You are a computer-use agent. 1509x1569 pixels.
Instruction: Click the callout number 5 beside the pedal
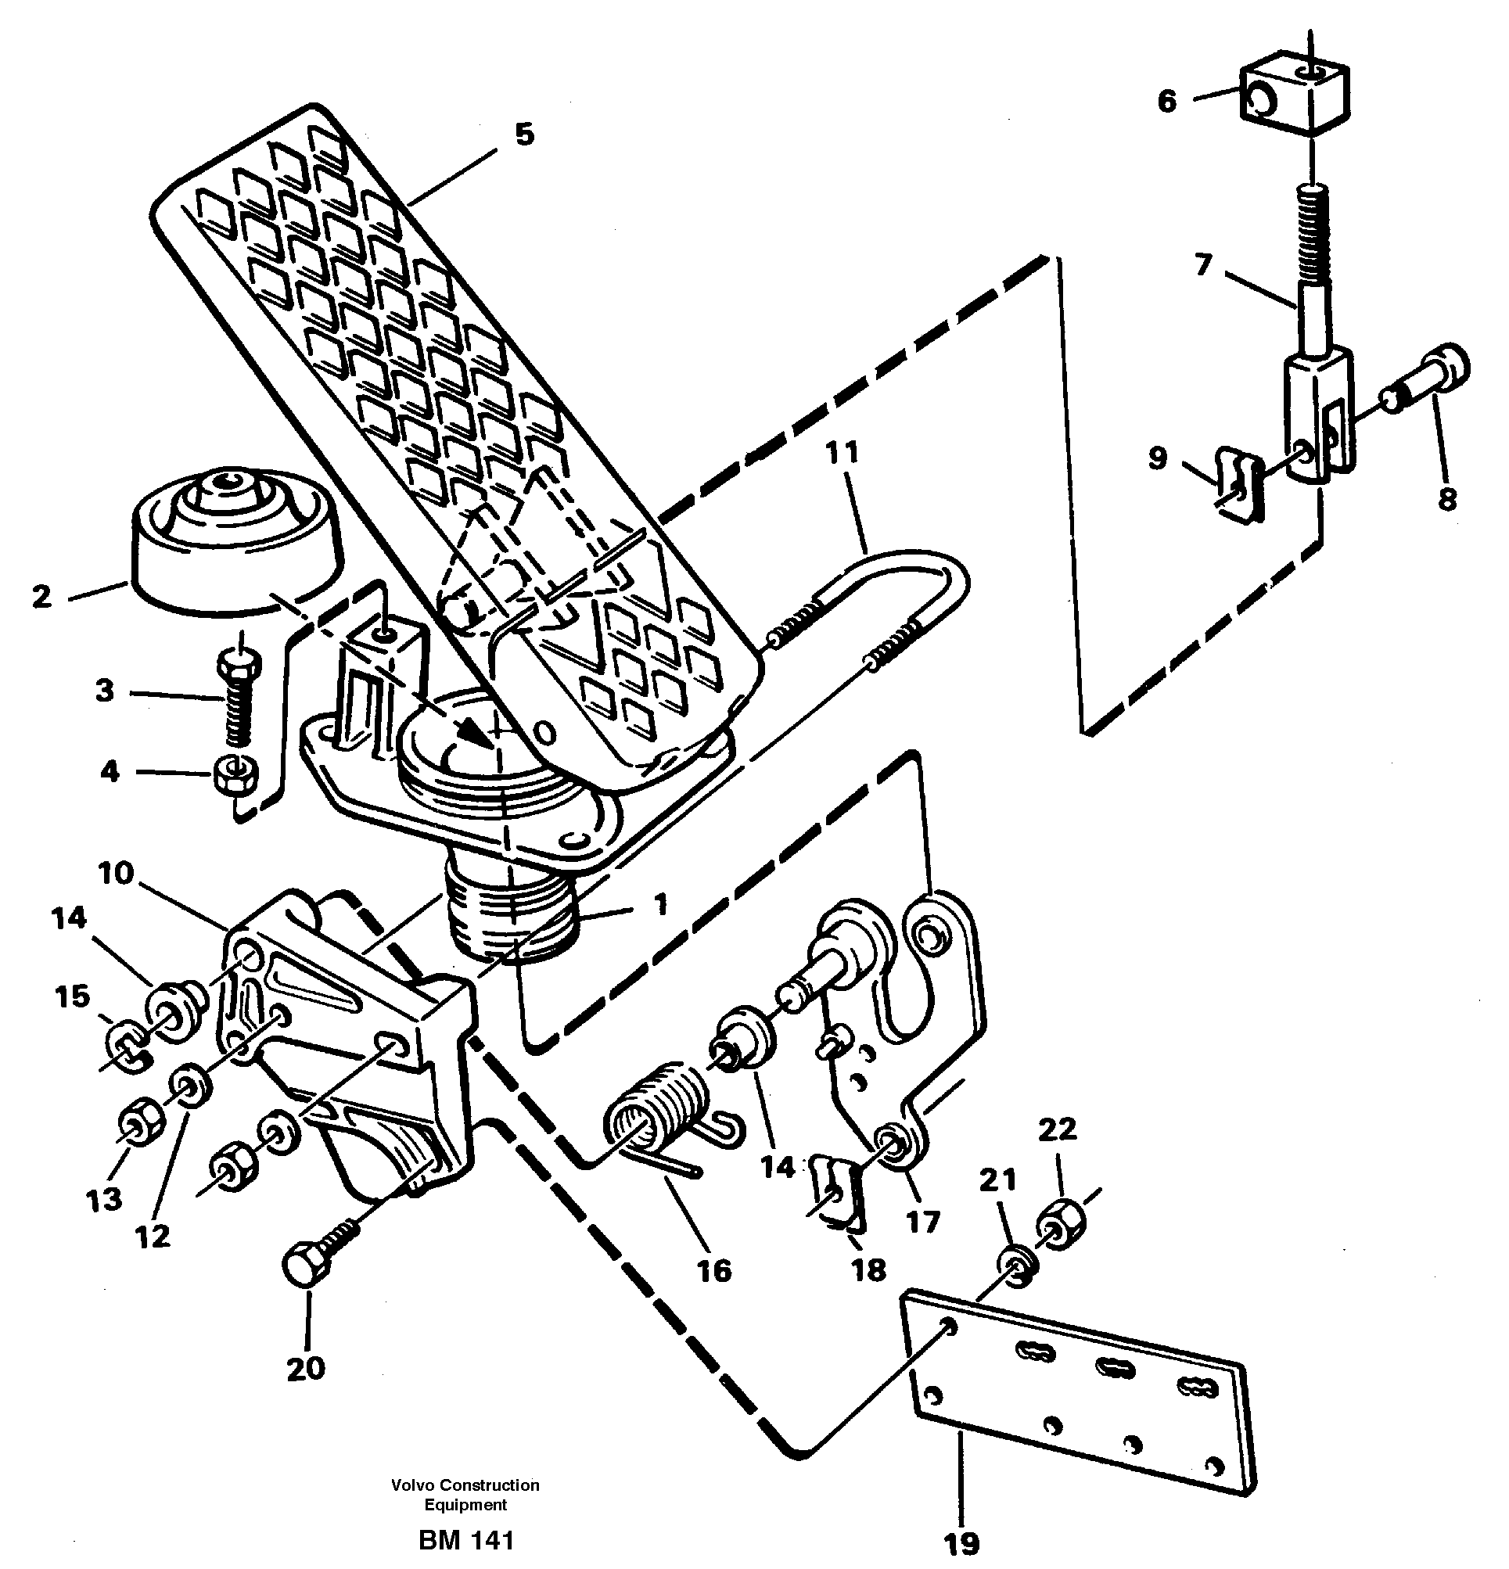523,135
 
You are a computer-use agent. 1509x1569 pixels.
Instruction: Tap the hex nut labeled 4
235,774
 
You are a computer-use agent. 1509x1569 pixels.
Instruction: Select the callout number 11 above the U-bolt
843,452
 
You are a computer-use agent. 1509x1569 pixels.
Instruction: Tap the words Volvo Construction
465,1485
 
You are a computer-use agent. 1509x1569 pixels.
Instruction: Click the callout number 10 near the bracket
115,874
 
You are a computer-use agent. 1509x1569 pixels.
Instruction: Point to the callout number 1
659,905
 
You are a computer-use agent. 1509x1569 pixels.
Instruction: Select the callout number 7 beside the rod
1203,264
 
